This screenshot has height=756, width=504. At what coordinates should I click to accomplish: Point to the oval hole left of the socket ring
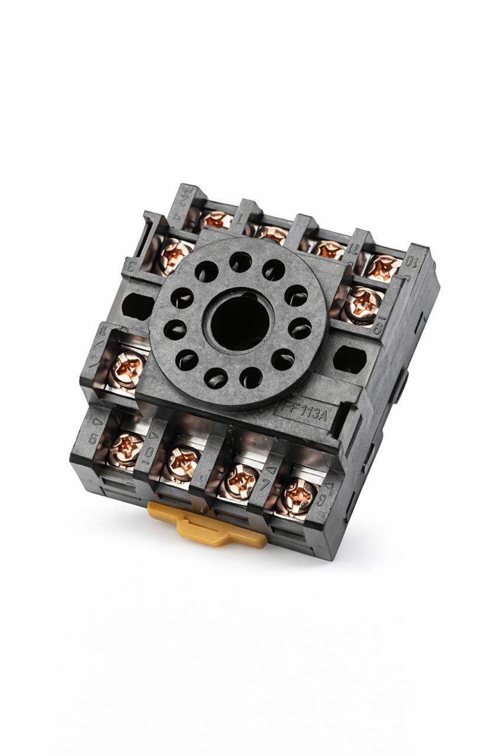tap(138, 305)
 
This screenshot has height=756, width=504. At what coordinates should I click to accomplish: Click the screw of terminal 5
tap(125, 449)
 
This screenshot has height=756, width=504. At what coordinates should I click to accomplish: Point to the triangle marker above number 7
tap(271, 471)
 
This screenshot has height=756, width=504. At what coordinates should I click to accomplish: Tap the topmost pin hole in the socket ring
tap(240, 262)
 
